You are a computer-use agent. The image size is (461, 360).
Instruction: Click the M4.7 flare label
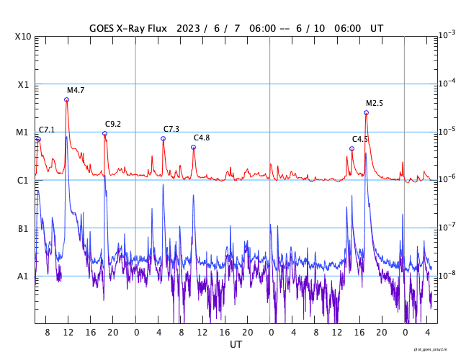76,90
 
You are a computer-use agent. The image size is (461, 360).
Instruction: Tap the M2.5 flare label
375,103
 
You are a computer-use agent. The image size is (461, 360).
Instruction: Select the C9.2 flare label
113,124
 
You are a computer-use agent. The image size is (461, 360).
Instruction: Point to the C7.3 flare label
171,128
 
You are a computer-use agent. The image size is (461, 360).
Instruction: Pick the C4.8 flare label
202,138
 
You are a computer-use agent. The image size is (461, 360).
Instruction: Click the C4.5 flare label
360,139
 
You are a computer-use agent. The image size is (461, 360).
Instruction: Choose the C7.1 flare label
47,130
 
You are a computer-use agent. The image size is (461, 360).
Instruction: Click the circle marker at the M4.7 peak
67,99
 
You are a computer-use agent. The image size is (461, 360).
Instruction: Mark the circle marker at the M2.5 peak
366,112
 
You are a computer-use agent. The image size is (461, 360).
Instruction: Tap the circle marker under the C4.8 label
193,147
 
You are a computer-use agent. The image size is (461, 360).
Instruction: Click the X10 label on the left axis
24,36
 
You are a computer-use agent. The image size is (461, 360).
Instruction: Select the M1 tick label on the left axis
23,132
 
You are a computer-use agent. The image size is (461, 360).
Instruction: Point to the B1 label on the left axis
23,228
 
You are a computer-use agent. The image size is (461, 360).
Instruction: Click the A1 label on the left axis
23,276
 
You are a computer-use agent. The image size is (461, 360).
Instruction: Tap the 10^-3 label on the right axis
447,35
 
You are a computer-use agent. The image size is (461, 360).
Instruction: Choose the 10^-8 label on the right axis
447,275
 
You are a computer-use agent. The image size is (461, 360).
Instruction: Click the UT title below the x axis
236,345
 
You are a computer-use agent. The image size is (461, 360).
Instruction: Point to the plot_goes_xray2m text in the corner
435,348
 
